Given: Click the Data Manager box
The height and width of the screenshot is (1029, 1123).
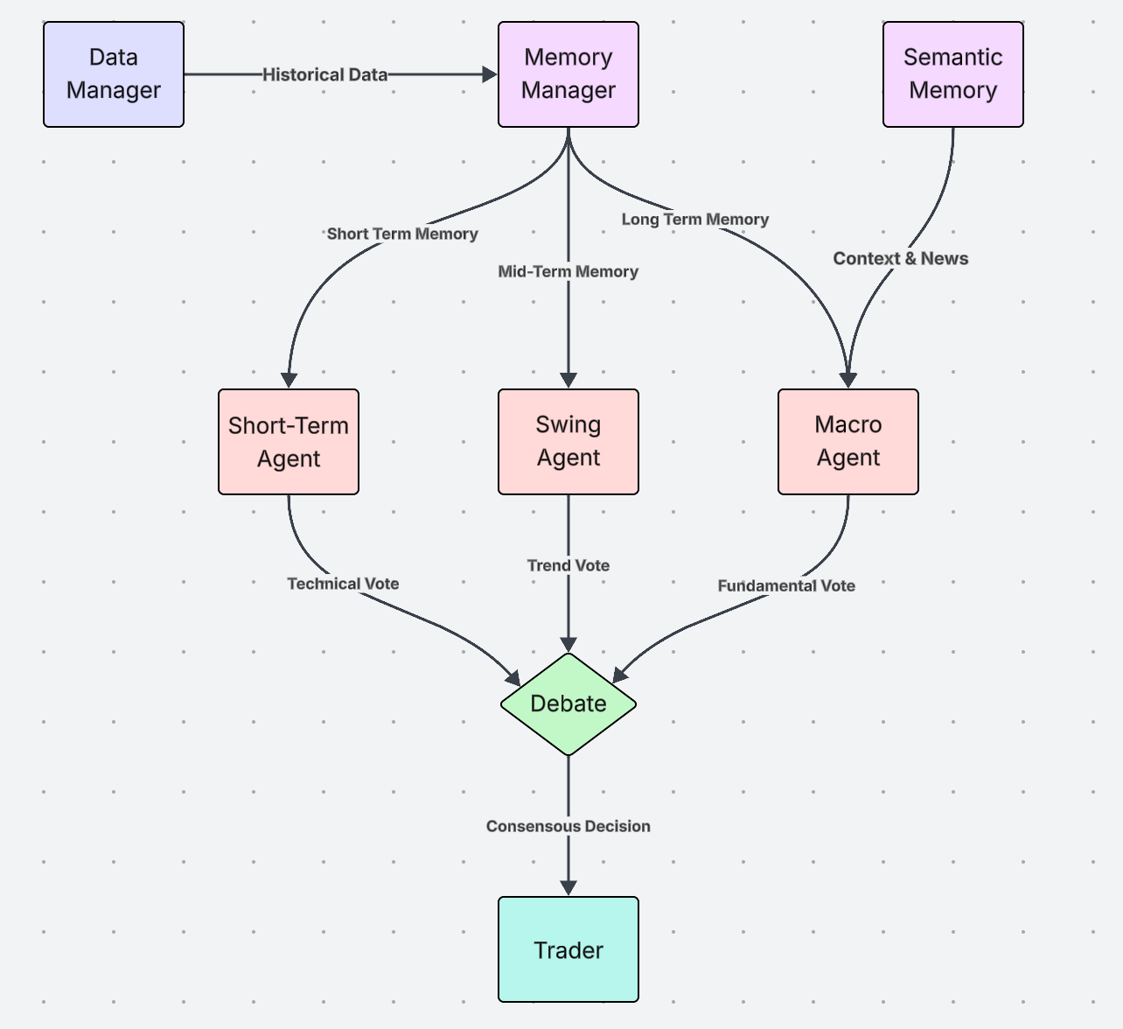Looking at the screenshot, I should point(114,74).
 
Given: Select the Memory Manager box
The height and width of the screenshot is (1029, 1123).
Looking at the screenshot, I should point(568,74).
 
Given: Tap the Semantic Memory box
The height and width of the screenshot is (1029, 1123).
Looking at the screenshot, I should point(952,74).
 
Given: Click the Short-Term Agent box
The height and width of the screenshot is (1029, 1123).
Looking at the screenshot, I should point(289,442).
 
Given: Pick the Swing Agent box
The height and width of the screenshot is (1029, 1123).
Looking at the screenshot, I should point(568,442).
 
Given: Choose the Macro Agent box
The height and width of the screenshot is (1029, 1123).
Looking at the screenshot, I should point(847,442).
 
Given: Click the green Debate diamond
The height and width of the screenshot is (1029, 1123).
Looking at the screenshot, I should point(568,703).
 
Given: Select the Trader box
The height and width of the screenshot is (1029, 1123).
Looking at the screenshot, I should point(568,949).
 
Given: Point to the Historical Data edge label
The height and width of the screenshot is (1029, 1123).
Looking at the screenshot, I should point(324,75).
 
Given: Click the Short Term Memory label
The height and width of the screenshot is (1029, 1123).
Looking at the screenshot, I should point(402,234).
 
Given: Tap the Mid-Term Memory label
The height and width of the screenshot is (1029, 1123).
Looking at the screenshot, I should point(568,272).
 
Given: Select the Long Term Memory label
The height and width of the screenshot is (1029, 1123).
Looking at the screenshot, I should point(695,220).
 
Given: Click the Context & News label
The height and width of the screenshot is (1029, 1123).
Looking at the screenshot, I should point(900,259).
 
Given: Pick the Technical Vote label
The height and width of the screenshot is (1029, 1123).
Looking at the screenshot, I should point(343,584).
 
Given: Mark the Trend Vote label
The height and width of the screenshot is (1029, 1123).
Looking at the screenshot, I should point(568,566).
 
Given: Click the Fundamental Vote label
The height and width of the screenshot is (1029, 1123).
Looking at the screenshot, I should point(786,586).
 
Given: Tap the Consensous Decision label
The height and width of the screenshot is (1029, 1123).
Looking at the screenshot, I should point(568,827).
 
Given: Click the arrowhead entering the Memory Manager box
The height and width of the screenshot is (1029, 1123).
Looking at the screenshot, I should point(490,75).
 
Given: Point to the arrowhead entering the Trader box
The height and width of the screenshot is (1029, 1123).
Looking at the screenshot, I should point(568,888).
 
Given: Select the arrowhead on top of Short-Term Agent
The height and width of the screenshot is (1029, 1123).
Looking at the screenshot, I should point(289,381).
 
